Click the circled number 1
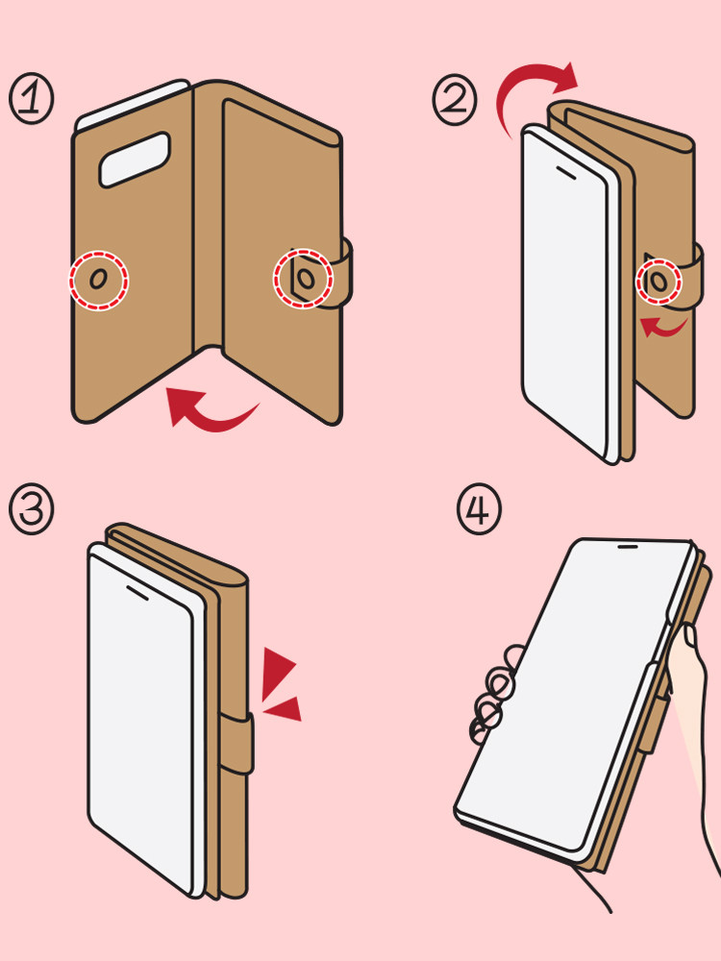point(32,100)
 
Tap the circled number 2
point(455,100)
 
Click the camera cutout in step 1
point(135,160)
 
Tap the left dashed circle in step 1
point(99,280)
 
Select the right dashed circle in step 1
point(303,279)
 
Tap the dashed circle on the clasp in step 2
point(659,281)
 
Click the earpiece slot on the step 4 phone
point(627,546)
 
